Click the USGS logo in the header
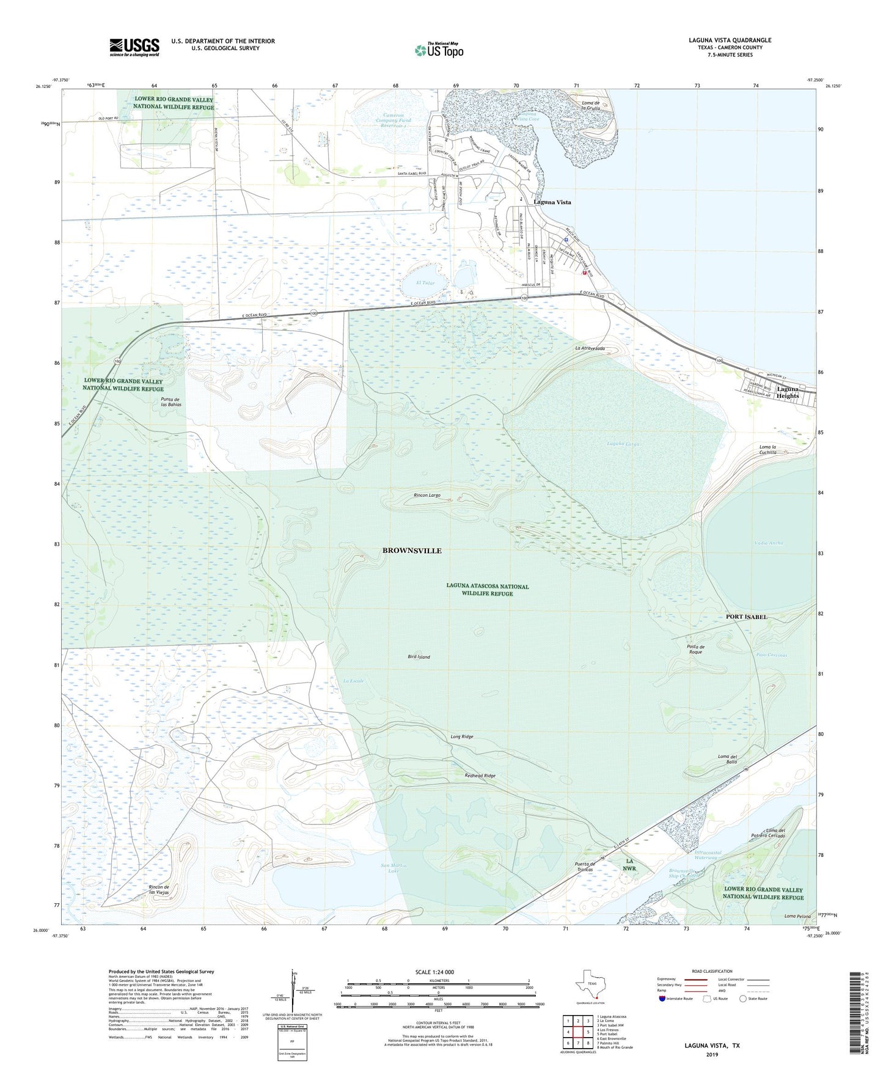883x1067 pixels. (134, 46)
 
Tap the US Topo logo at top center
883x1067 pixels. (439, 50)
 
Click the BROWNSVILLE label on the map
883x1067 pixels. (411, 551)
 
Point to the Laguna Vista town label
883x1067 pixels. (552, 202)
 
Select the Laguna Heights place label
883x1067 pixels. (788, 392)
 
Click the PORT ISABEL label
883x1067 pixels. (746, 617)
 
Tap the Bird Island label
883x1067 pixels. (419, 657)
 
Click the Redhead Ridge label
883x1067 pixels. (480, 776)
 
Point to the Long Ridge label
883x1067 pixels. (462, 737)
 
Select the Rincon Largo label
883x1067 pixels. (427, 495)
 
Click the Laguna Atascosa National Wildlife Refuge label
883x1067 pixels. (487, 590)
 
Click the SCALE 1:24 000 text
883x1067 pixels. (434, 972)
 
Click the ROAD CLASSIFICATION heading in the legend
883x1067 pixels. (712, 972)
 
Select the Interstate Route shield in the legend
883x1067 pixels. (663, 999)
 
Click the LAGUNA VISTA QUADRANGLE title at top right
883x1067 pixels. (730, 40)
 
